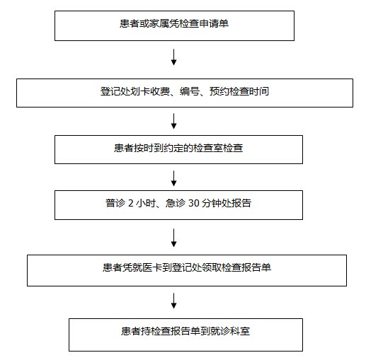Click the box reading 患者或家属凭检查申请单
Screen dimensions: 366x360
click(x=174, y=25)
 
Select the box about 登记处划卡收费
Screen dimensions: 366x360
click(x=185, y=93)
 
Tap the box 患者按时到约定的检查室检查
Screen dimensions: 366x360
click(x=178, y=149)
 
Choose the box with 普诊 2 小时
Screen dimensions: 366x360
click(x=178, y=205)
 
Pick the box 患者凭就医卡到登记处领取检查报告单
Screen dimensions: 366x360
click(x=187, y=270)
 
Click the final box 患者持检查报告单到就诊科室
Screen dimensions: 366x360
click(x=185, y=335)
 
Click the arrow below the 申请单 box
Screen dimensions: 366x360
click(x=174, y=57)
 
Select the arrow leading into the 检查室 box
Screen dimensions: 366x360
click(x=174, y=121)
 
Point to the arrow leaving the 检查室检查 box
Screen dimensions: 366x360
click(x=174, y=178)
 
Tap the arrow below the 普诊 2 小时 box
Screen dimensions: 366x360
click(x=174, y=238)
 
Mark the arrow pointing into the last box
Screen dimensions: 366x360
click(x=174, y=301)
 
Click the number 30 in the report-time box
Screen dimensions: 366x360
click(x=193, y=203)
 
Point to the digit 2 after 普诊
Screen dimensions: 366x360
click(x=131, y=203)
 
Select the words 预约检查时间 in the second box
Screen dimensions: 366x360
click(x=239, y=91)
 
